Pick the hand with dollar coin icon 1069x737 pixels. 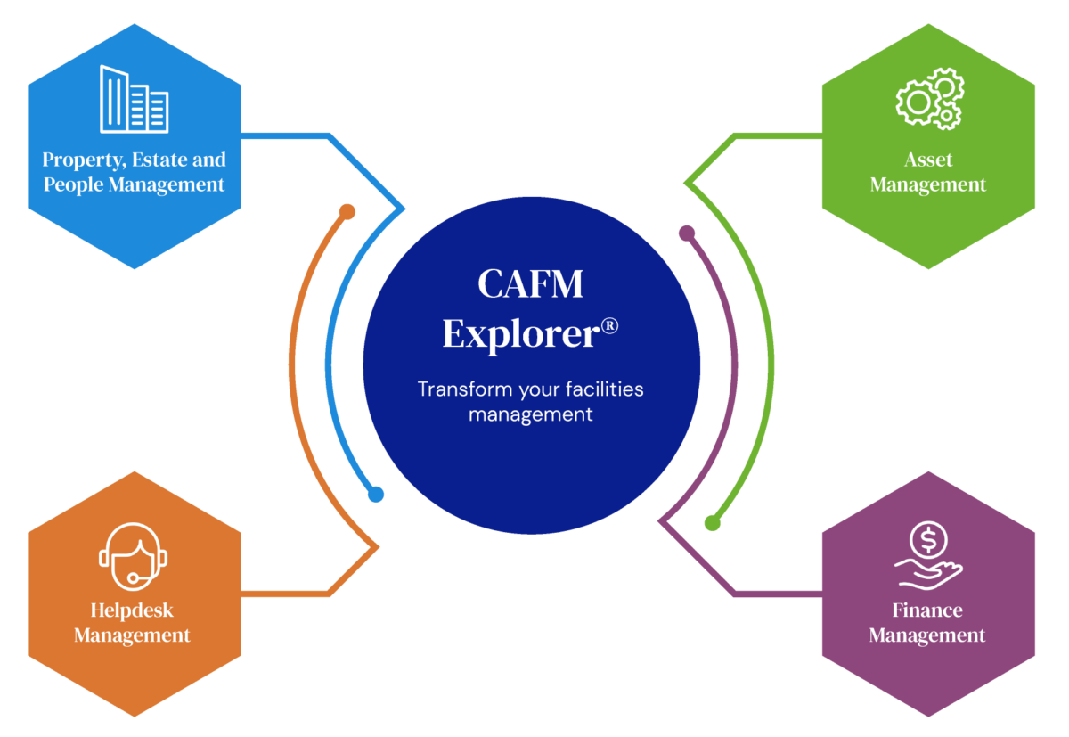coord(928,556)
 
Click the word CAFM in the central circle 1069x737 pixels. coord(530,284)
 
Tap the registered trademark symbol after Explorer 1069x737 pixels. coord(609,325)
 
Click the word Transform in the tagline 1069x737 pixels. coord(458,389)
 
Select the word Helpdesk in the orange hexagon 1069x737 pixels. coord(132,610)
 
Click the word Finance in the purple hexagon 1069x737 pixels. coord(927,610)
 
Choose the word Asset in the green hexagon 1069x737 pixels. coord(928,160)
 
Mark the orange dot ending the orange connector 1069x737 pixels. coord(347,212)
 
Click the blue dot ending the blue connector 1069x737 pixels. coord(376,494)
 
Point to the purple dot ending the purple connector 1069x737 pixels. coord(686,233)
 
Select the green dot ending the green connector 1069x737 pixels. coord(712,523)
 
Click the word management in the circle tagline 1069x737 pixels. coord(530,414)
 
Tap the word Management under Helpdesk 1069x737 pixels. coord(132,635)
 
